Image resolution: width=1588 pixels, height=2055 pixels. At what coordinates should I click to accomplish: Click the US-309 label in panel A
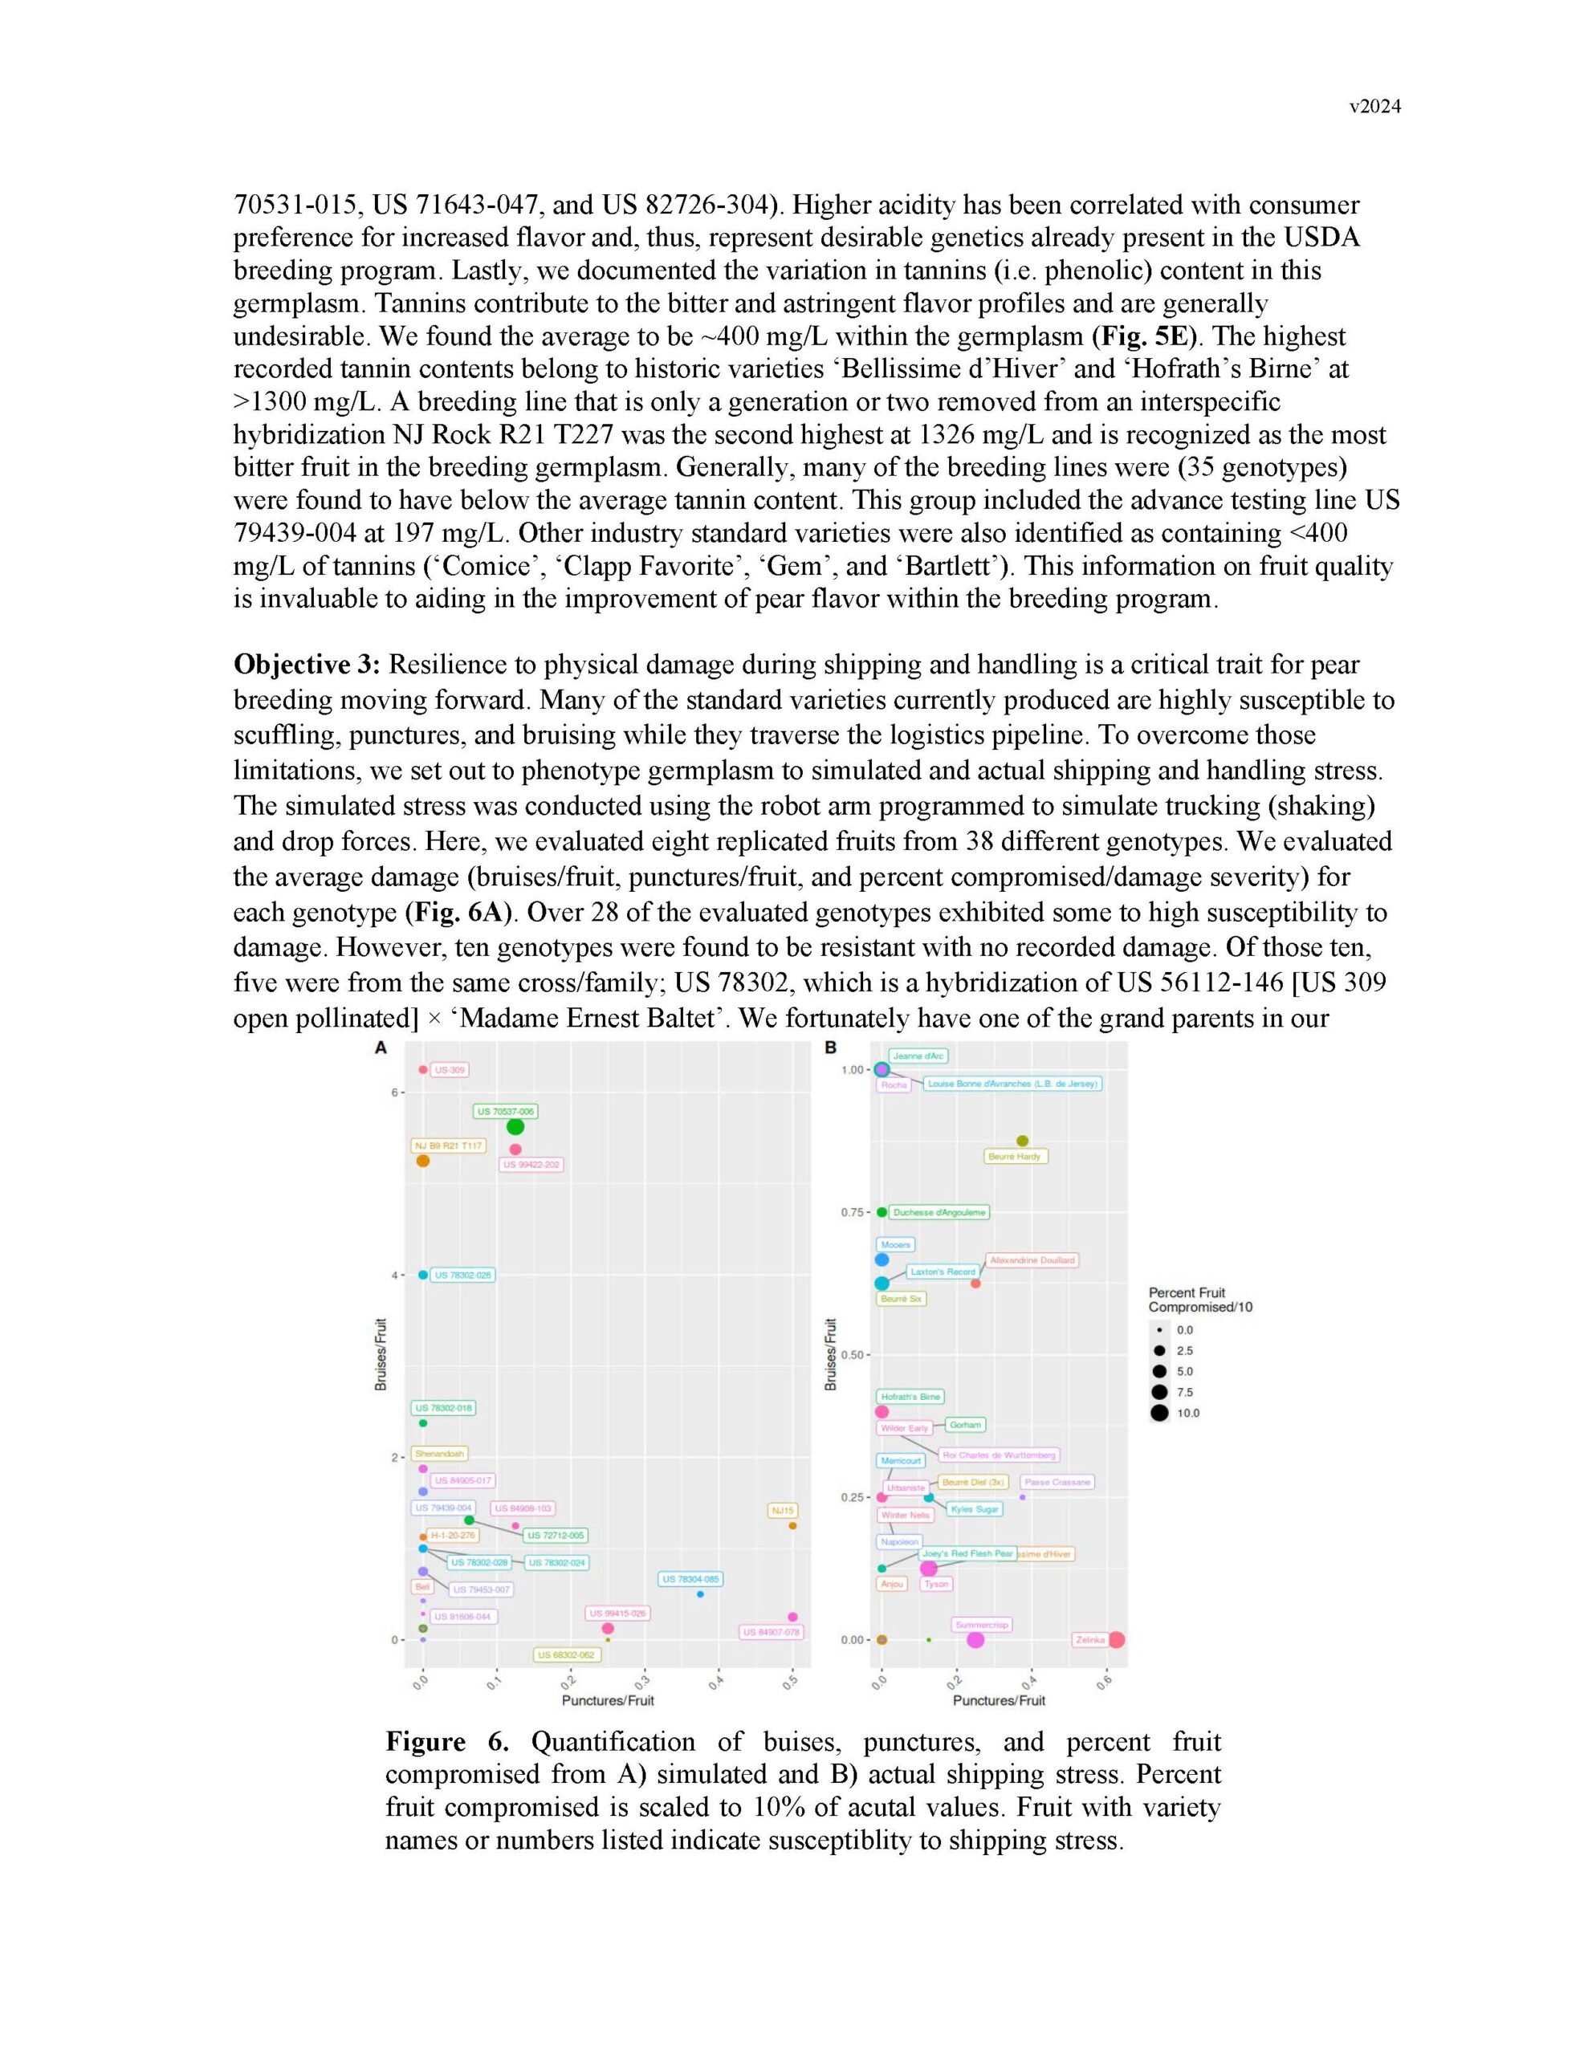pos(449,1070)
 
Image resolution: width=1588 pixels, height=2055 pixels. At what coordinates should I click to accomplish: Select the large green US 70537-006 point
pos(515,1126)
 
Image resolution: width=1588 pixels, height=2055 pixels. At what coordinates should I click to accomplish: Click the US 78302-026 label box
pos(462,1275)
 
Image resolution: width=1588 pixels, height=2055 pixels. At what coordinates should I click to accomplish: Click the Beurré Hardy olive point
pos(1022,1141)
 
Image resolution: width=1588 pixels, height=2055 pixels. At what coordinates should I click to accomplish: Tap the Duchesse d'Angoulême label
pos(939,1212)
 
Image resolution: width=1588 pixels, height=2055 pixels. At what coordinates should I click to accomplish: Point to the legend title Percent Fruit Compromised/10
pos(1199,1300)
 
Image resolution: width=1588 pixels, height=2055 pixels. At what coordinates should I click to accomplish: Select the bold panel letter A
pos(381,1048)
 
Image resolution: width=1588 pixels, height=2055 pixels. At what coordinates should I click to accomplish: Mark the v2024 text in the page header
pos(1374,106)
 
